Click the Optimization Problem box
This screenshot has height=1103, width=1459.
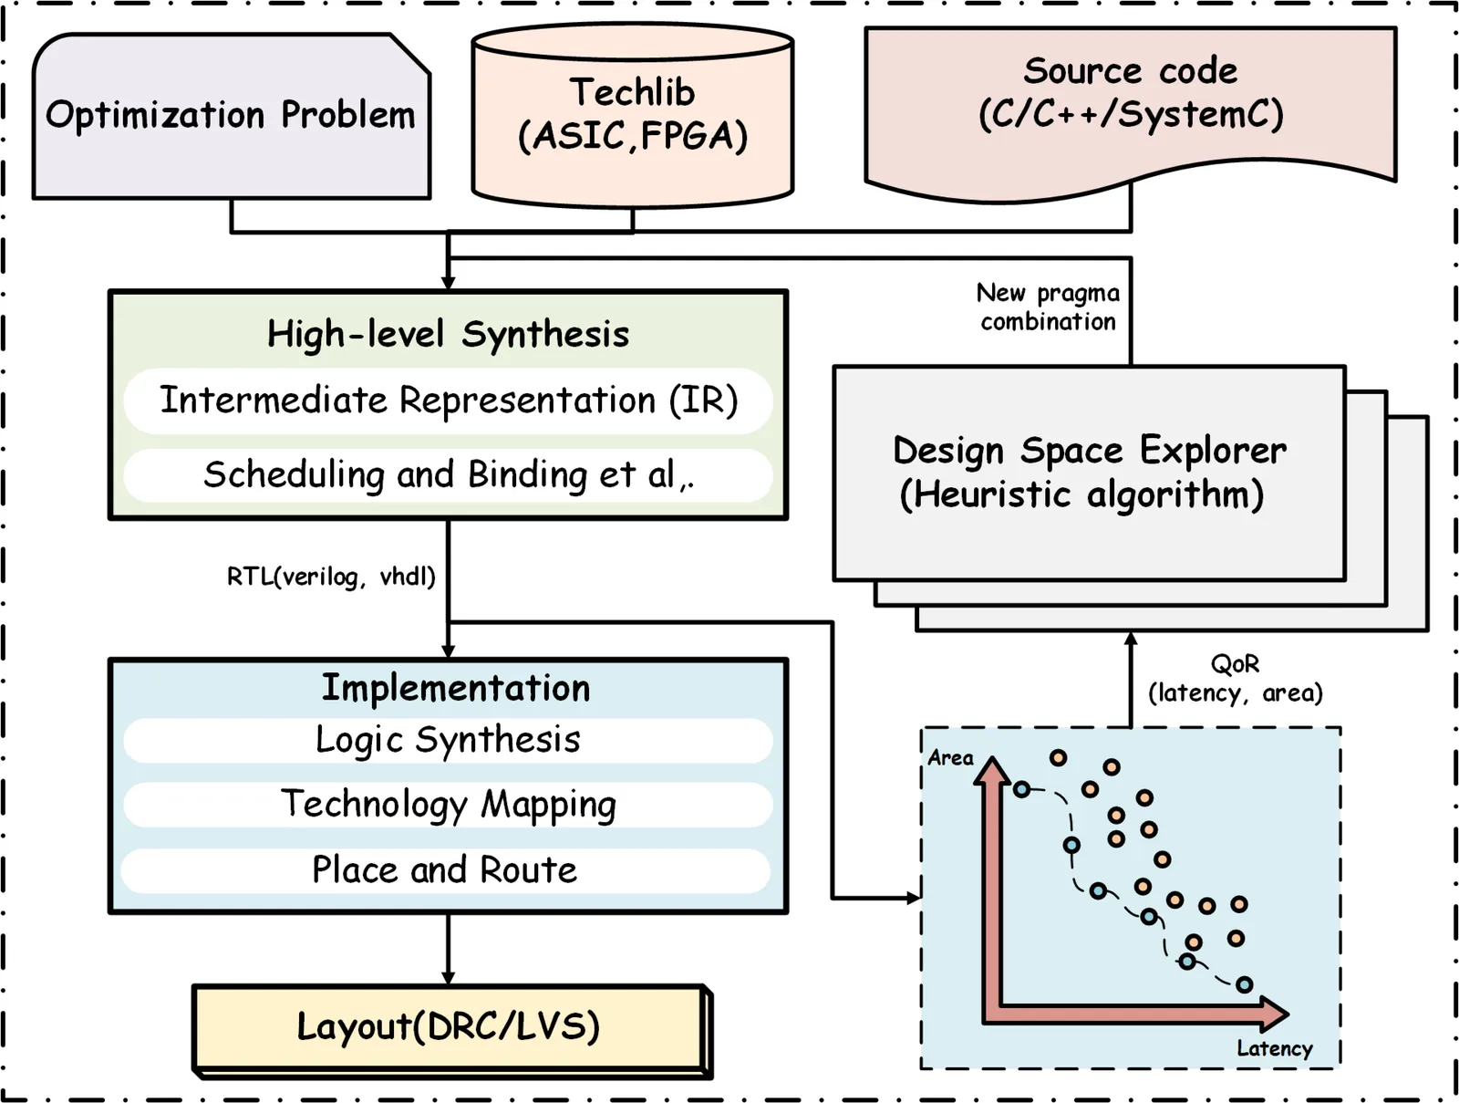click(231, 116)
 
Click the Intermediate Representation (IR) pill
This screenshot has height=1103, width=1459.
click(448, 401)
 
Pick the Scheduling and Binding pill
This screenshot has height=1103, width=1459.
click(448, 474)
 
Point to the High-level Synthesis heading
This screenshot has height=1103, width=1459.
click(448, 334)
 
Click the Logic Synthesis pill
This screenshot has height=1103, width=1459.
click(448, 740)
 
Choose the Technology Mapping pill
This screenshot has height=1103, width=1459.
click(448, 805)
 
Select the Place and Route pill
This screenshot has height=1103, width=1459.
click(445, 870)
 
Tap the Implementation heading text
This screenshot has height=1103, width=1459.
click(455, 688)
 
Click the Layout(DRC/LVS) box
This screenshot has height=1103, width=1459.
click(448, 1027)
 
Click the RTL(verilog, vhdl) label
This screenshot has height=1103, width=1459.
click(331, 577)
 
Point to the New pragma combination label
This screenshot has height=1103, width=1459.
click(1048, 307)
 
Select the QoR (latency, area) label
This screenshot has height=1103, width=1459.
click(1235, 679)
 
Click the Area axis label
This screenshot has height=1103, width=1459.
click(950, 758)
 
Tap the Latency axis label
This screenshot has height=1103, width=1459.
click(1274, 1048)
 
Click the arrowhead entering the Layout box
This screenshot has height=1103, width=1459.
click(448, 978)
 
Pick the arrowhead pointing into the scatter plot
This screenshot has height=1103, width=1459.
click(914, 898)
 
